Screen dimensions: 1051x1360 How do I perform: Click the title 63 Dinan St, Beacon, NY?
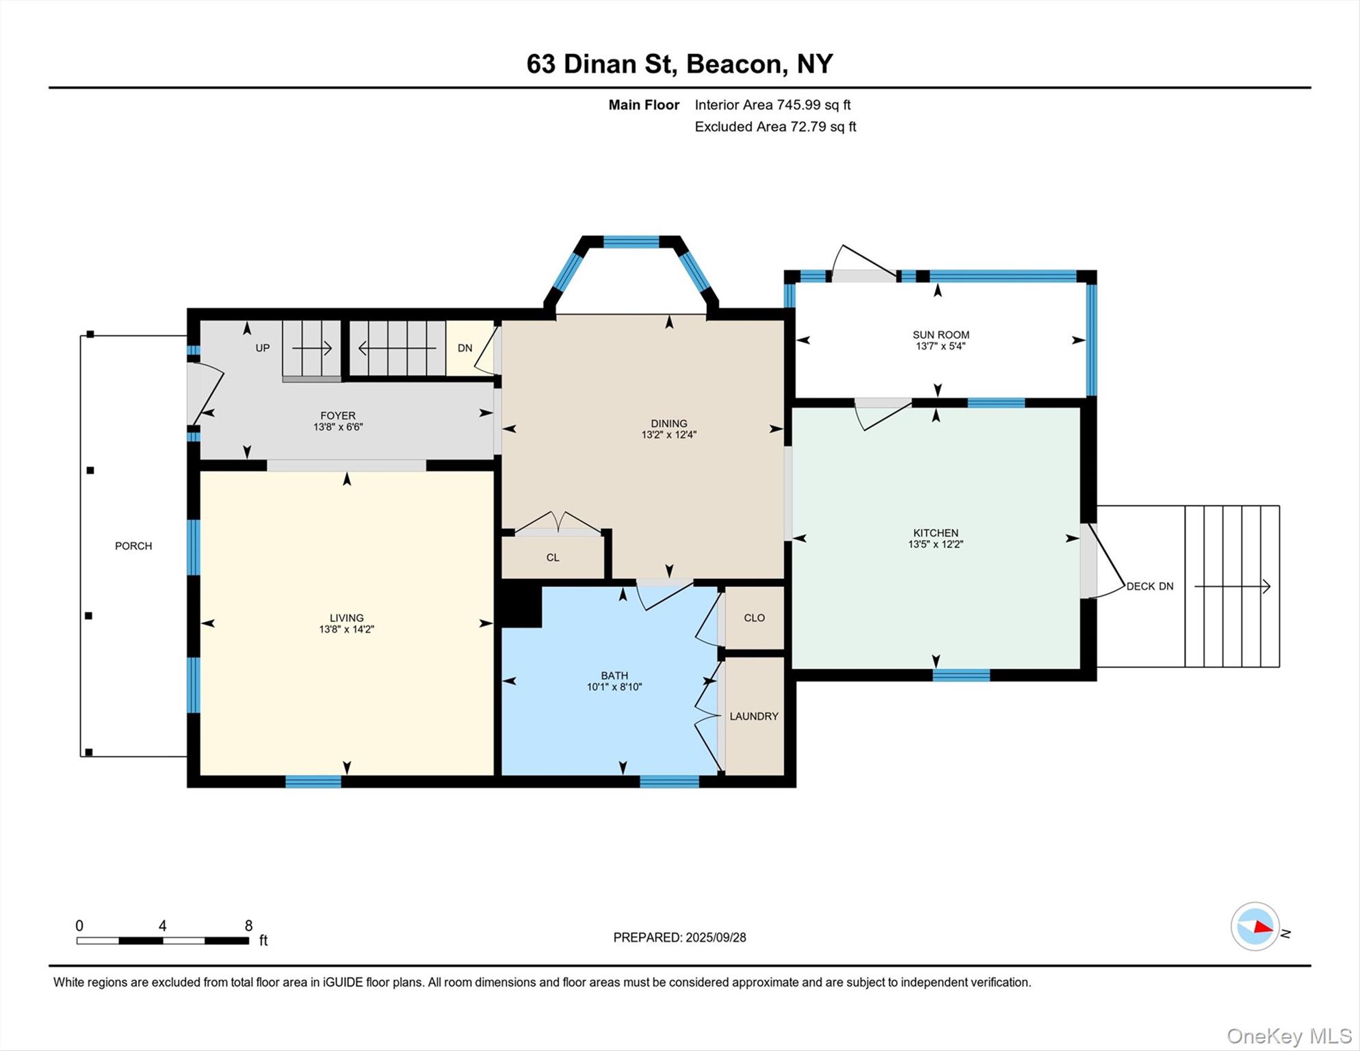point(679,64)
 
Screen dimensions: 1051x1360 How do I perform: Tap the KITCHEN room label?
point(935,532)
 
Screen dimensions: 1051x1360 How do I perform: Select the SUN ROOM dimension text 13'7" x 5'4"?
point(940,346)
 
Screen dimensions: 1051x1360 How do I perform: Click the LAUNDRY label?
point(753,716)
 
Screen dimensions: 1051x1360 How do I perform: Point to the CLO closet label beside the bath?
point(754,617)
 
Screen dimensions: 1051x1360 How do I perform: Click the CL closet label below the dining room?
point(553,557)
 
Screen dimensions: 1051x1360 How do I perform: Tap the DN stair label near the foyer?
point(465,348)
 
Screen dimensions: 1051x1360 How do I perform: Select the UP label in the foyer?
point(263,348)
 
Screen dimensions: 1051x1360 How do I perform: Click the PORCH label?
point(133,545)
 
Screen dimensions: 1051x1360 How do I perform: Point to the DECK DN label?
point(1149,586)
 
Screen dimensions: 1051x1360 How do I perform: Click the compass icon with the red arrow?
point(1255,926)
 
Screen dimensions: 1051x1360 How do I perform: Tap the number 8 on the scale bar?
point(248,926)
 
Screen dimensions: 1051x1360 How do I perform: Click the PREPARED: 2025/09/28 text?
point(679,937)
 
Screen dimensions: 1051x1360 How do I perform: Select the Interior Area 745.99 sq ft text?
point(772,105)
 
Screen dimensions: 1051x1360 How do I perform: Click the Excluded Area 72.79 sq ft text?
point(775,127)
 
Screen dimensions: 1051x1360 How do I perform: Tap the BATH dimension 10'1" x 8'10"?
point(614,687)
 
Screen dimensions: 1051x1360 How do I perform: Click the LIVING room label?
point(346,617)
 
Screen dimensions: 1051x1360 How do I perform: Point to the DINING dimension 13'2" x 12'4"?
point(668,434)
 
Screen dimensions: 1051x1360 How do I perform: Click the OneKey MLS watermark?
point(1289,1036)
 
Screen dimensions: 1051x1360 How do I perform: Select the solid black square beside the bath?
point(521,606)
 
